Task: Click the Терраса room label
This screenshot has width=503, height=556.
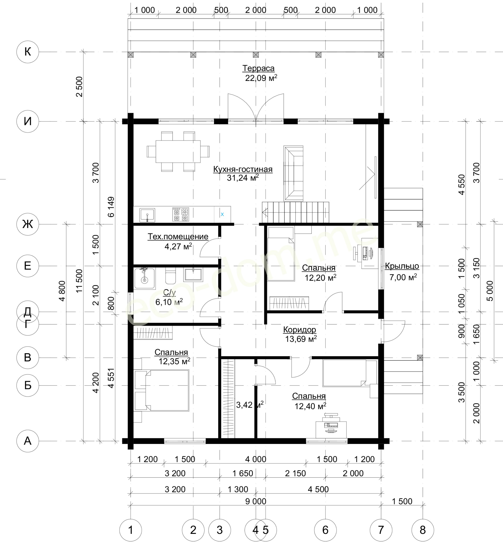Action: [x=258, y=68]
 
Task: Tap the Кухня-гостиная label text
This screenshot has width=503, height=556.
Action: [x=243, y=169]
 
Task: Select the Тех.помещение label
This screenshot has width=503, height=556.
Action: [x=178, y=236]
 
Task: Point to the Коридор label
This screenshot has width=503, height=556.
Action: [x=299, y=330]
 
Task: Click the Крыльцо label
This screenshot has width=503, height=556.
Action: [x=402, y=266]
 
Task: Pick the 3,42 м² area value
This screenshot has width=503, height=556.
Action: [x=250, y=405]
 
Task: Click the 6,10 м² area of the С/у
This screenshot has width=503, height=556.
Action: [x=169, y=302]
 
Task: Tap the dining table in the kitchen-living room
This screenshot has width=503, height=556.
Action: [x=178, y=152]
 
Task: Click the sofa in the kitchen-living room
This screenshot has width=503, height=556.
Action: [x=293, y=173]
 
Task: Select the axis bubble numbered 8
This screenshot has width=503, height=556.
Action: [x=423, y=530]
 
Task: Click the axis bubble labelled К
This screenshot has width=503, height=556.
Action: [x=28, y=52]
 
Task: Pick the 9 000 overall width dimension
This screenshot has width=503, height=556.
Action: [x=256, y=501]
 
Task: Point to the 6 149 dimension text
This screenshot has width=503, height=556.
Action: [x=111, y=207]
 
